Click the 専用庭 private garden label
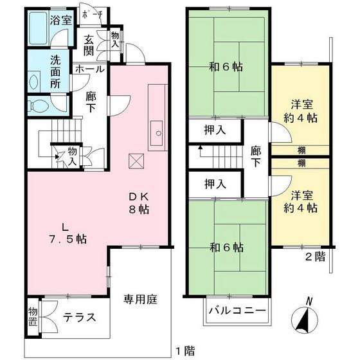pos(141,299)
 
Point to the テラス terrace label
pos(80,317)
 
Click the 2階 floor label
pos(315,257)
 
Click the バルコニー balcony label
pos(237,310)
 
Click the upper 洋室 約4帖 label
pos(301,110)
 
